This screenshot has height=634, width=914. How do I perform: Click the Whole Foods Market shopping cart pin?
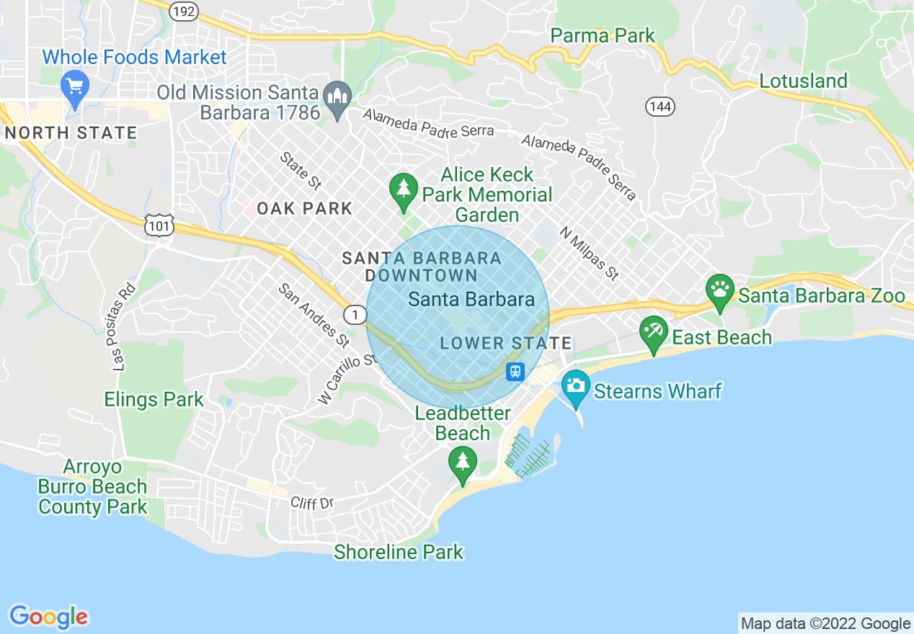tap(75, 86)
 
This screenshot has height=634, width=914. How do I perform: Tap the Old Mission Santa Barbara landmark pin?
tap(337, 97)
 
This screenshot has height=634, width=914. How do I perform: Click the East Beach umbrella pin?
tap(653, 332)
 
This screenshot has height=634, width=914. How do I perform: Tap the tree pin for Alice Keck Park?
tap(403, 190)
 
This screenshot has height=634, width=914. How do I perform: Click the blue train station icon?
tap(515, 371)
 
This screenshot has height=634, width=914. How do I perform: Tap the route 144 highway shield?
tap(660, 107)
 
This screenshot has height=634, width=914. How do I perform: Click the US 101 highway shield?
tap(158, 226)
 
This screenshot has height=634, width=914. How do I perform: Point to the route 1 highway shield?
tap(354, 314)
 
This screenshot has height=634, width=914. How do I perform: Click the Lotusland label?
tap(803, 81)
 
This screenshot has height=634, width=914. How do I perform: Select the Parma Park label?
tap(603, 35)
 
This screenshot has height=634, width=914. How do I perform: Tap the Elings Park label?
tap(154, 399)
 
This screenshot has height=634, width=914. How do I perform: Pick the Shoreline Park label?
tap(398, 552)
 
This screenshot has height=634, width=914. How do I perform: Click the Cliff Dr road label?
tap(312, 502)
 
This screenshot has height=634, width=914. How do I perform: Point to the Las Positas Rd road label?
tap(124, 328)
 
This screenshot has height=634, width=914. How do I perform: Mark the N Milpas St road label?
tap(589, 254)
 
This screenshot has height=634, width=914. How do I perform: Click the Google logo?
tap(48, 617)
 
